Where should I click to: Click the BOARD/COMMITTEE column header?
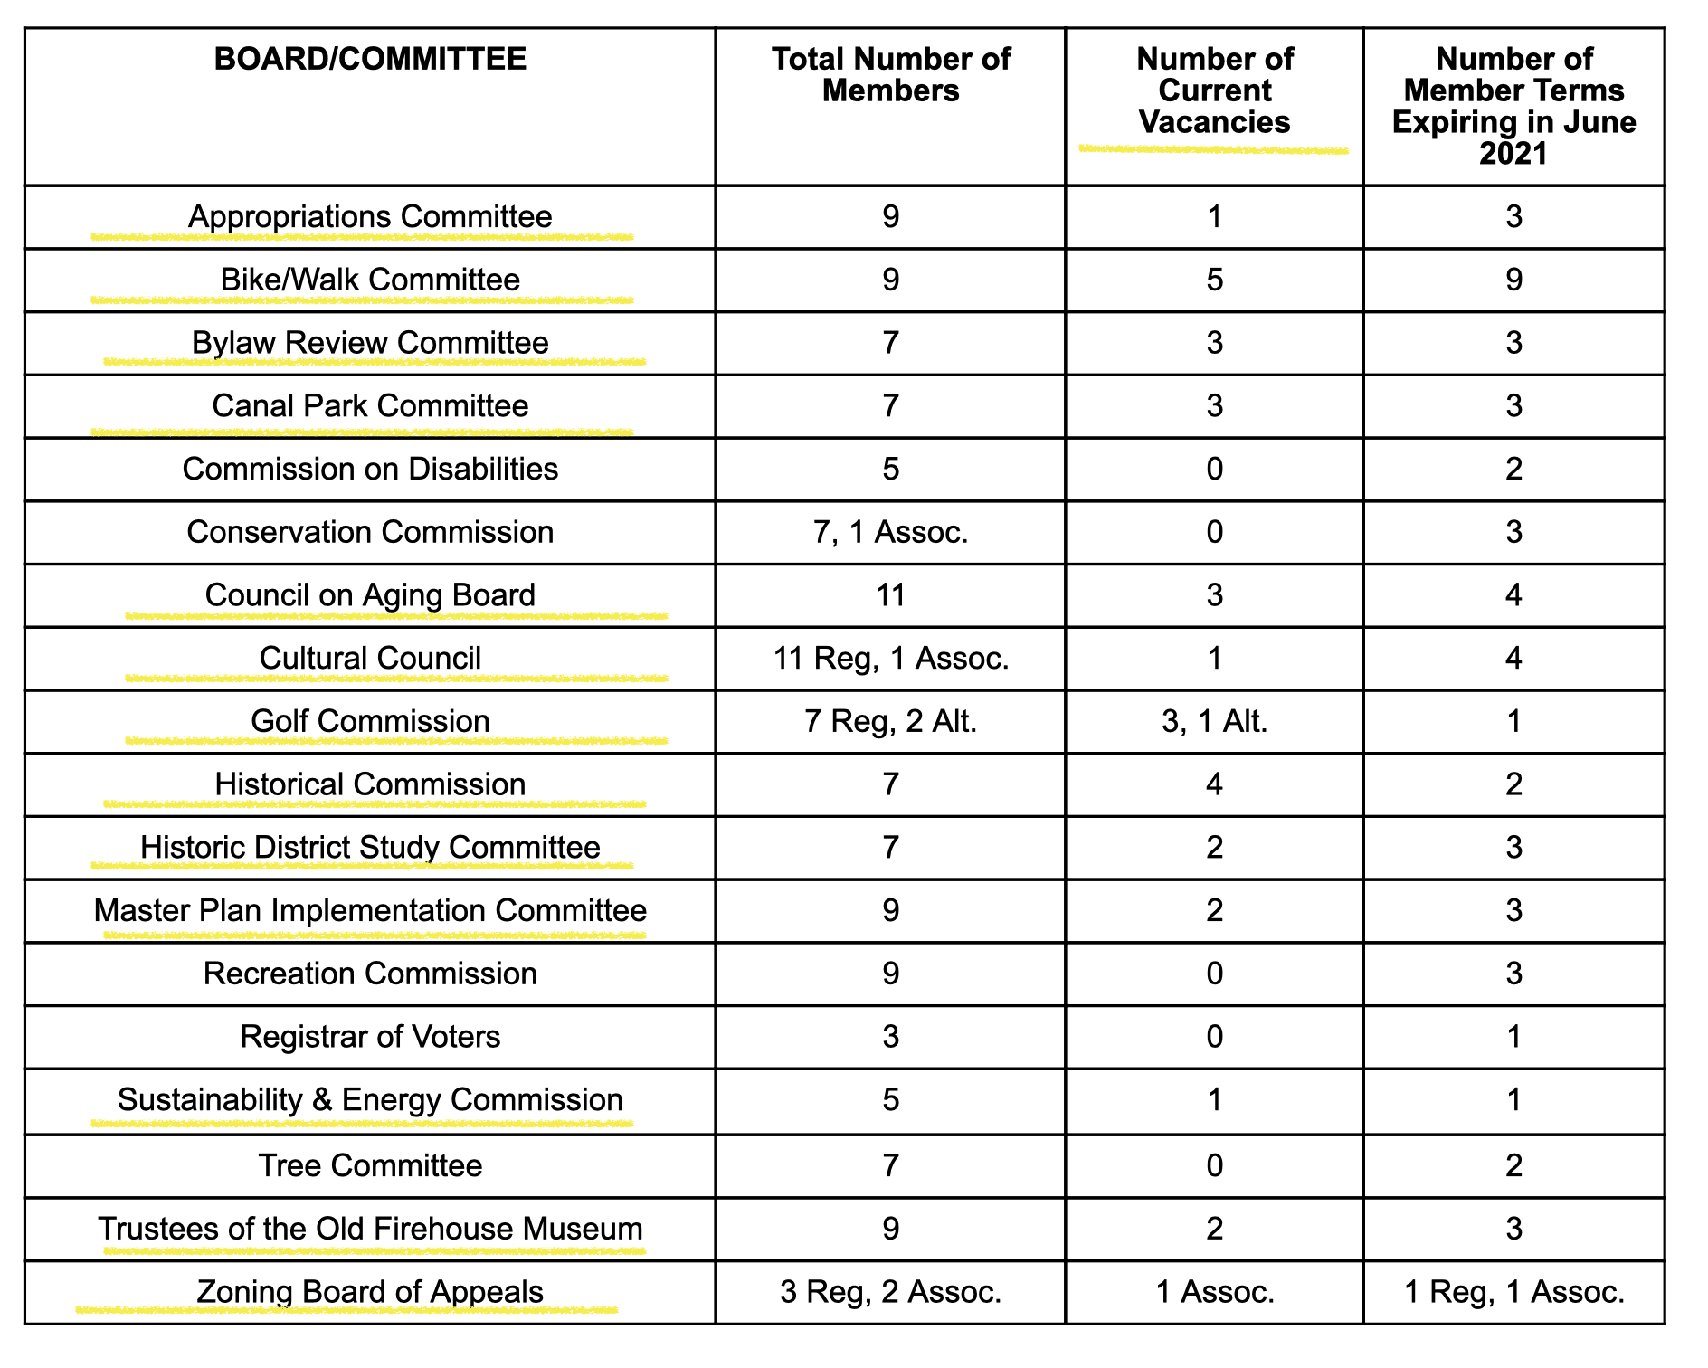[370, 60]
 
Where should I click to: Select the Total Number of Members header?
[890, 75]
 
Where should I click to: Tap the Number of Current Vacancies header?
[1214, 90]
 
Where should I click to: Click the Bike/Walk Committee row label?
[370, 280]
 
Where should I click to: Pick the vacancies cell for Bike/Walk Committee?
[1214, 280]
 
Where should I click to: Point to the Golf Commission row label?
[370, 721]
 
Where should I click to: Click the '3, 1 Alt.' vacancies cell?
[1214, 721]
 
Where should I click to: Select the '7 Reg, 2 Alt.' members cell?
[890, 721]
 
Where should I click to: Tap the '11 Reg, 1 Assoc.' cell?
[890, 658]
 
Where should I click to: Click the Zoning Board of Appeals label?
[370, 1291]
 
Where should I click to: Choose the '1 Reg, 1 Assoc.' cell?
[1513, 1291]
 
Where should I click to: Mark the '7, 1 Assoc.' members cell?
[890, 532]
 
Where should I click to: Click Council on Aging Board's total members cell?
[890, 595]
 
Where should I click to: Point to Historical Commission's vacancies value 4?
[1214, 784]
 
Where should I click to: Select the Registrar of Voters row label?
[370, 1037]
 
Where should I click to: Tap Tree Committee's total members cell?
[890, 1165]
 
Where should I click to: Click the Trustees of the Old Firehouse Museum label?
[370, 1229]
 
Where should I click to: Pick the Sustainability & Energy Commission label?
[370, 1099]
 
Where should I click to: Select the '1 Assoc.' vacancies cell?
[1214, 1291]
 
